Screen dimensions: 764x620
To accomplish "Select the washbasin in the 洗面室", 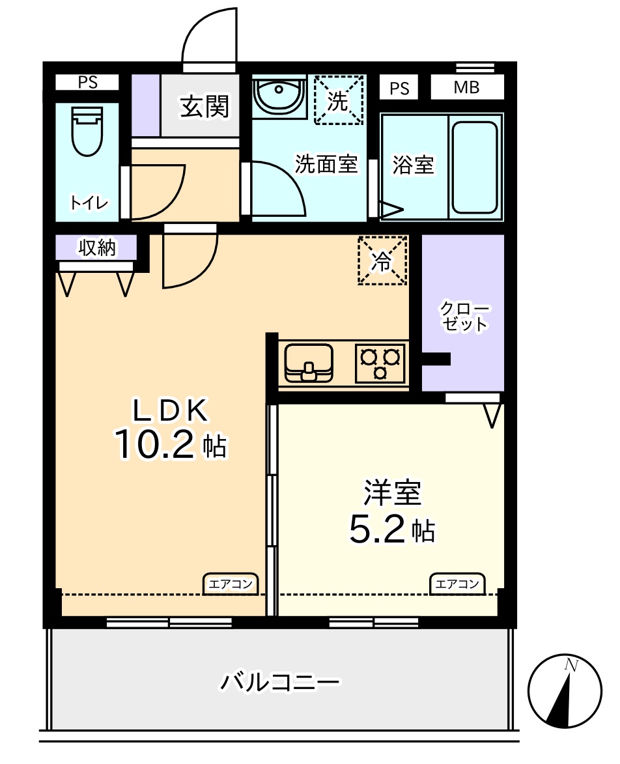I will tap(279, 97).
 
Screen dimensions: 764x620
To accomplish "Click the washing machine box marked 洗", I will tap(338, 100).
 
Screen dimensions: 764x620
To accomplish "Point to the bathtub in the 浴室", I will tap(475, 167).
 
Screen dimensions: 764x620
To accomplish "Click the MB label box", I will tap(467, 87).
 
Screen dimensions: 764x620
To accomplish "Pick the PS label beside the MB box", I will tap(399, 88).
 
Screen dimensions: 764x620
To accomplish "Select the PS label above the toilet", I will tap(87, 82).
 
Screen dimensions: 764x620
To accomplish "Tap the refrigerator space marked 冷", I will tap(382, 261).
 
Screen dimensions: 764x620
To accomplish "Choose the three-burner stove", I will tap(380, 363).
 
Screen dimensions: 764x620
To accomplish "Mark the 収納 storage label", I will tap(96, 248).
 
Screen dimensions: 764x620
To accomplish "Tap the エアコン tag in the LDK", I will tap(231, 584).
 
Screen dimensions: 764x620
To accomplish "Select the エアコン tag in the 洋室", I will tap(458, 584).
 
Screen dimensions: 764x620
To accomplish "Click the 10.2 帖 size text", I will tap(171, 445).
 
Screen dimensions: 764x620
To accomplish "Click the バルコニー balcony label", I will tap(279, 683).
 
